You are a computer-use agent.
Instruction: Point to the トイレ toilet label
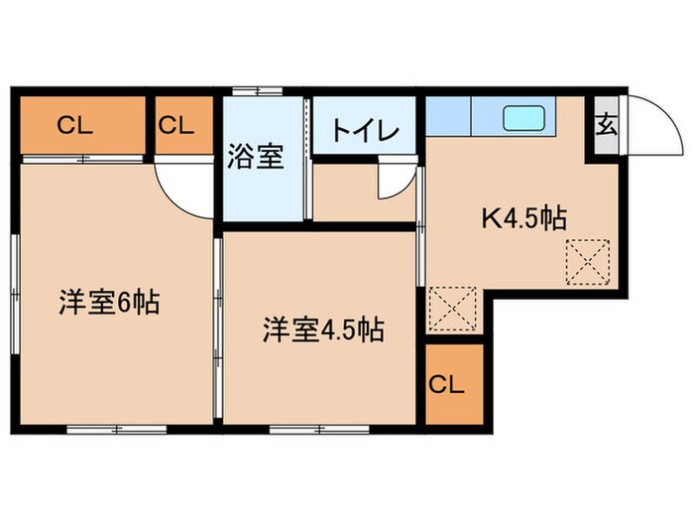pyautogui.click(x=365, y=131)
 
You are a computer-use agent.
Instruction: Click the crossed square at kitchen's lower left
pyautogui.click(x=455, y=310)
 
